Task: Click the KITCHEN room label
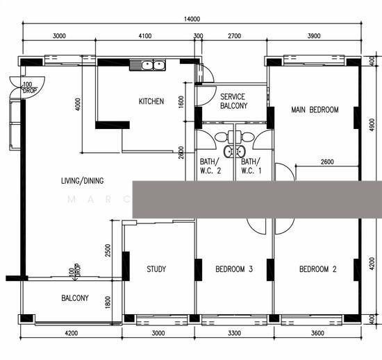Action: (x=151, y=102)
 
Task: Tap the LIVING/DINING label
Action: (x=82, y=181)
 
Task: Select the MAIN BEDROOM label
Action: (x=315, y=110)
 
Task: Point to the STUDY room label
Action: (x=156, y=270)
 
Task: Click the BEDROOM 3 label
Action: (x=233, y=270)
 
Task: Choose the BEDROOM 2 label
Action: (x=317, y=270)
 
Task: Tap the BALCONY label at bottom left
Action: (x=74, y=298)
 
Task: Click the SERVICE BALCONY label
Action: (x=233, y=101)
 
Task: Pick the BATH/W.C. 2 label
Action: (x=210, y=166)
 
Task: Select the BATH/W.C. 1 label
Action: (x=251, y=166)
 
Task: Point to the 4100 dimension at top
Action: (x=144, y=35)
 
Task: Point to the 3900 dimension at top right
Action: (x=314, y=35)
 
